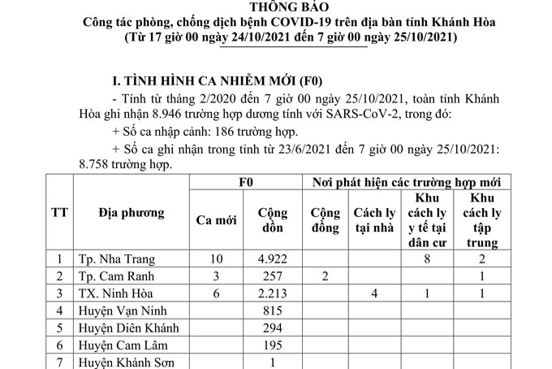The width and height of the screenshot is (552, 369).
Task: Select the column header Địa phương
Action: pos(131,214)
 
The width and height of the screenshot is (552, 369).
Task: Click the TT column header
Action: pos(59,214)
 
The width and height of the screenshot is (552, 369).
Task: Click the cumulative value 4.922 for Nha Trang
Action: pos(273,261)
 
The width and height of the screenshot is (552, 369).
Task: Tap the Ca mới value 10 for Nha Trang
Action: pos(217,261)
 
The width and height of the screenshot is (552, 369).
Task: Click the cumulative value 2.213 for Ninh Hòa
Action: pos(273,293)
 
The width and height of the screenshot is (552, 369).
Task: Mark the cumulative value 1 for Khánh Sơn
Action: pos(273,362)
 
